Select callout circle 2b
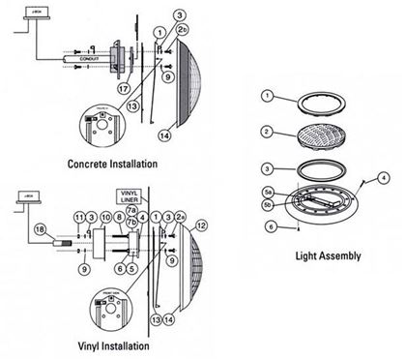(x=182, y=31)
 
